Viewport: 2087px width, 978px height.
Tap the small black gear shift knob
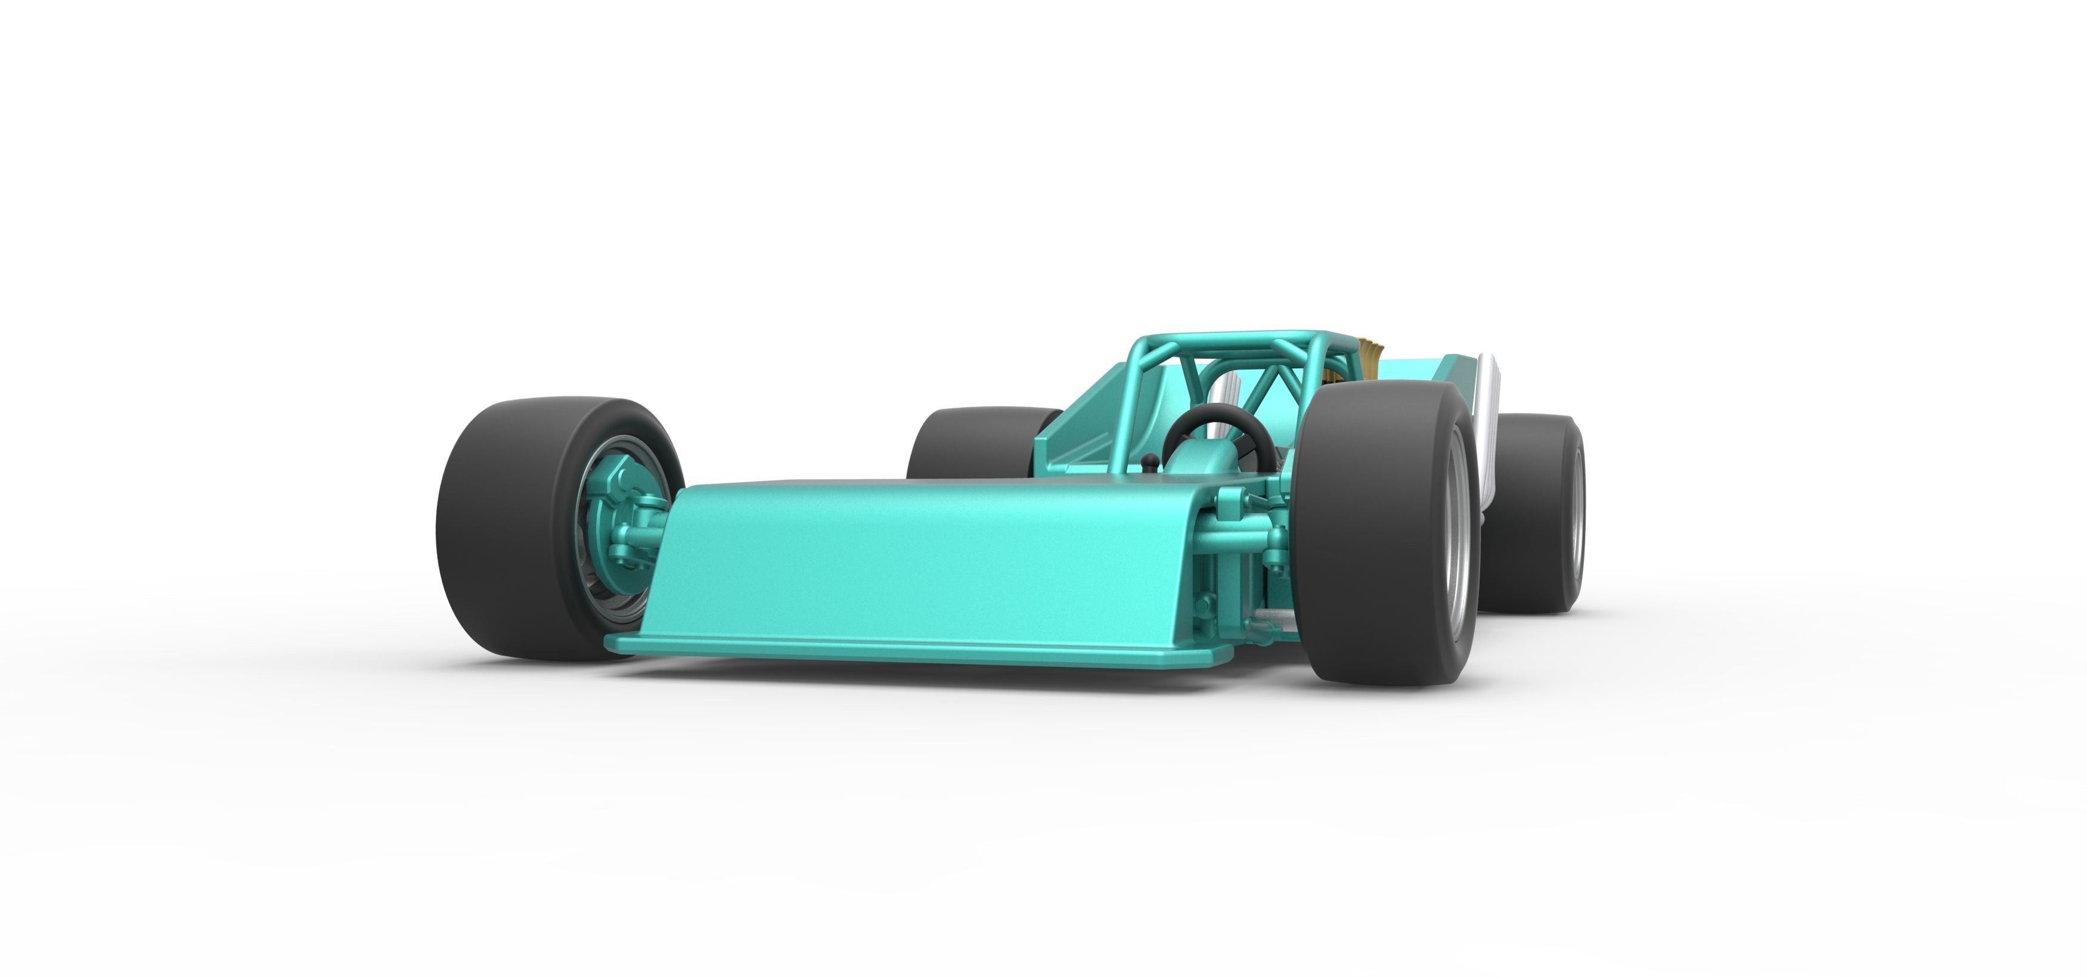(1148, 462)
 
